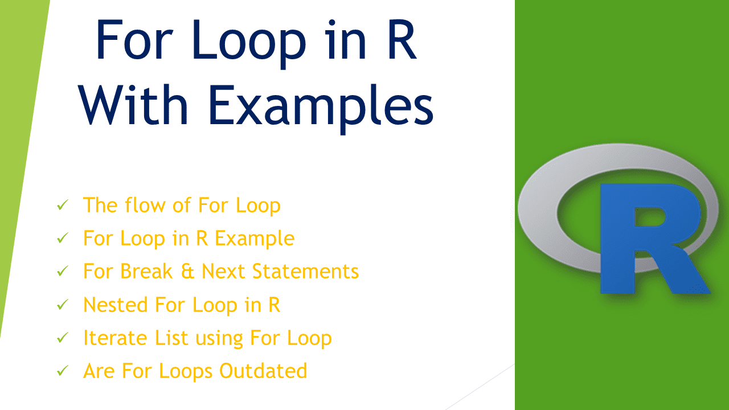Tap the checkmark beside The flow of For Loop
click(63, 205)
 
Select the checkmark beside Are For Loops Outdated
click(63, 371)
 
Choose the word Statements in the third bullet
click(305, 271)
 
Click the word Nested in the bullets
click(116, 305)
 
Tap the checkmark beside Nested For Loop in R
click(63, 305)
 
